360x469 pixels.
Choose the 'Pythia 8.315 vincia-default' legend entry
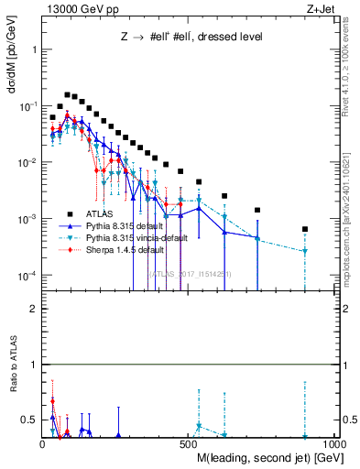click(x=124, y=236)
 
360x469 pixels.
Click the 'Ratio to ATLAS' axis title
click(x=13, y=395)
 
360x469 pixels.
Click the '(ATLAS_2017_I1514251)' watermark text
click(x=190, y=273)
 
